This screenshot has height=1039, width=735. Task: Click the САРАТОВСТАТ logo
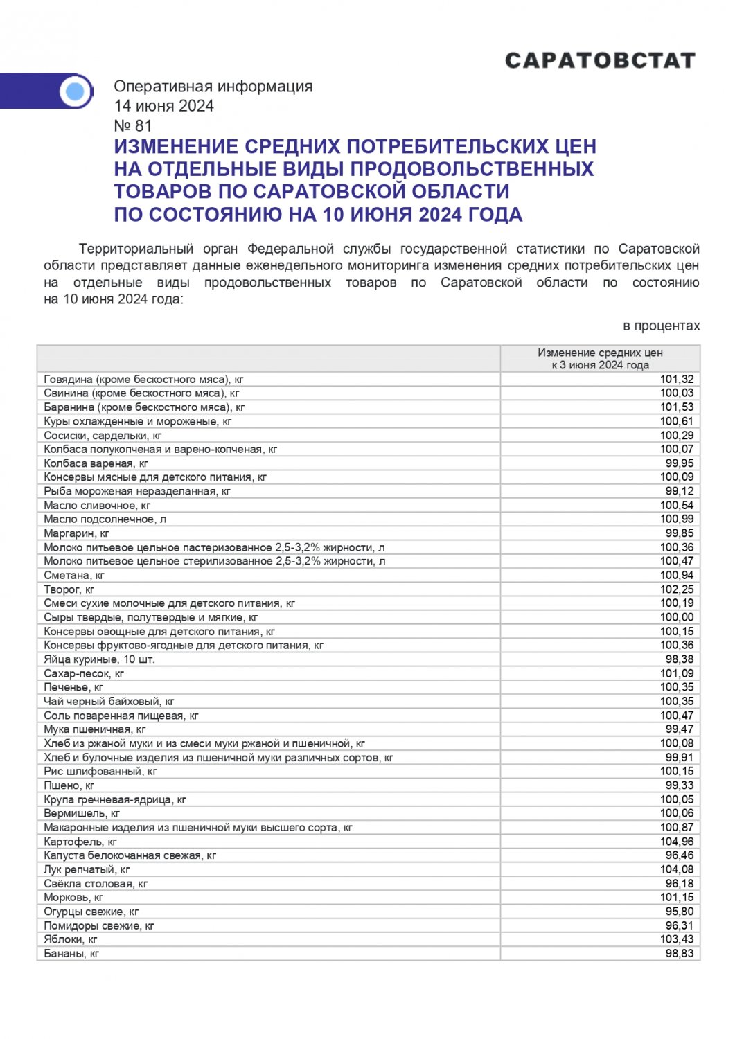(600, 61)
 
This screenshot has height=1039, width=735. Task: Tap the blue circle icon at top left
(76, 91)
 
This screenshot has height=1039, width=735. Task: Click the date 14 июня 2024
(163, 106)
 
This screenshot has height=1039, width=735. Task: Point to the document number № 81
(132, 125)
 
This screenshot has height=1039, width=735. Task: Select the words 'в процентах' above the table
(661, 326)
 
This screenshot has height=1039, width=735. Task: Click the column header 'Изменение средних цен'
(600, 353)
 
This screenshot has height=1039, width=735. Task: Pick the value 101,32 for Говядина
(676, 380)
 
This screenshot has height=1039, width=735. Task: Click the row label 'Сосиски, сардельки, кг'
(103, 436)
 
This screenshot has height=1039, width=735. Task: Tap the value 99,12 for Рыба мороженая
(679, 491)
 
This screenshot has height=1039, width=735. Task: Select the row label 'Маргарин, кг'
(76, 533)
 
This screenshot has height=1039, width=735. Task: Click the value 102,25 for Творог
(676, 589)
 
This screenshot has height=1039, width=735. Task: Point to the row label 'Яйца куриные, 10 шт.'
(99, 659)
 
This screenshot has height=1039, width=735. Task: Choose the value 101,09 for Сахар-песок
(676, 673)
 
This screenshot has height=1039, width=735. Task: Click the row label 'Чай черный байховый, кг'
(109, 701)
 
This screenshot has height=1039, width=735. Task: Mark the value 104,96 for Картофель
(676, 842)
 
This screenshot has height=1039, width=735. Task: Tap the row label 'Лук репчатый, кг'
(87, 869)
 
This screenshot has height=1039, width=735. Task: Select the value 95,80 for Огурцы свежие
(679, 912)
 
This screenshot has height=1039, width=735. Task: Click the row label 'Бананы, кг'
(71, 954)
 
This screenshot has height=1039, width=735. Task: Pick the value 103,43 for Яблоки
(676, 939)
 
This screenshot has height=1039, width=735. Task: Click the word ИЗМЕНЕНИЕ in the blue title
(176, 147)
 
